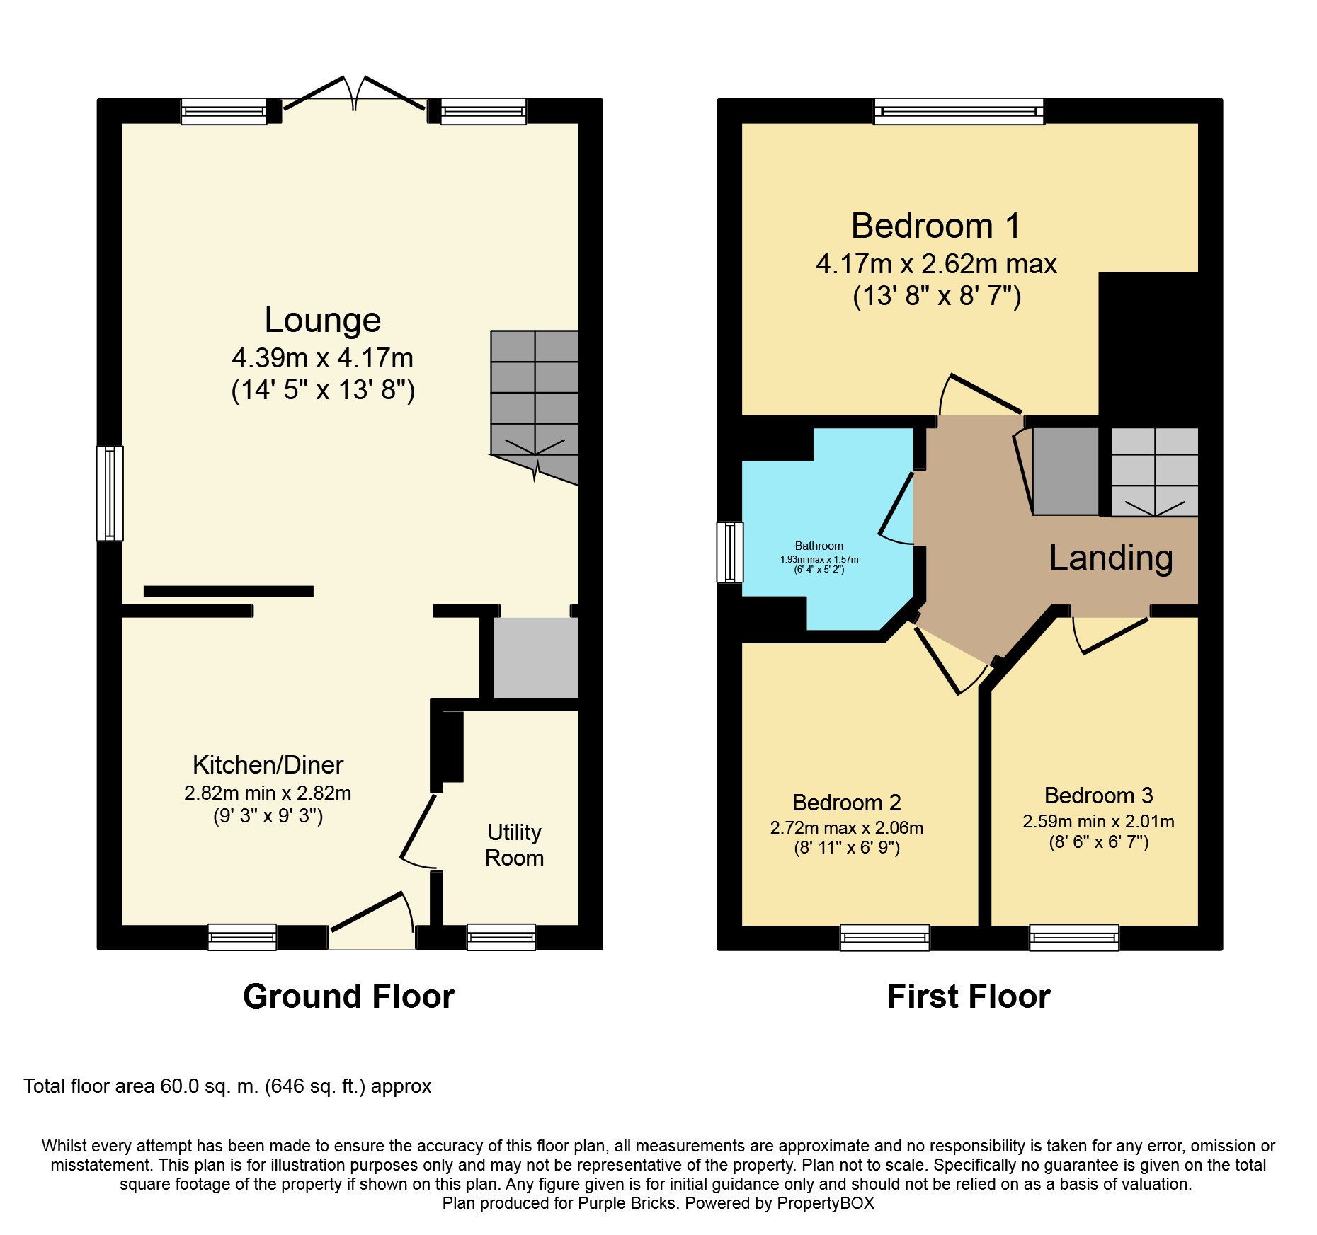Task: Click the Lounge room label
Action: (323, 320)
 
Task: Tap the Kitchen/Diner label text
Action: (268, 765)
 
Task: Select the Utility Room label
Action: (515, 845)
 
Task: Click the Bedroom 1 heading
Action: (936, 226)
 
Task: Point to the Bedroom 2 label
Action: (847, 803)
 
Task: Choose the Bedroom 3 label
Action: (1099, 795)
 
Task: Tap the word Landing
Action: (1111, 558)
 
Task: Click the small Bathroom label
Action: (819, 546)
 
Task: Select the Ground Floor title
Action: (348, 996)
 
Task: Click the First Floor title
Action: (969, 996)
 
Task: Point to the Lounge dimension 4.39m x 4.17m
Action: (323, 358)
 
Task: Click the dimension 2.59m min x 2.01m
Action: (1099, 822)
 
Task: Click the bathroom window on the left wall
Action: (730, 552)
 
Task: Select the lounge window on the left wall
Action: (110, 493)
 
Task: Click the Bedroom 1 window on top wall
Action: (959, 111)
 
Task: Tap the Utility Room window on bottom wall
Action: (501, 937)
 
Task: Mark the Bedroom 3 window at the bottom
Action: (1074, 937)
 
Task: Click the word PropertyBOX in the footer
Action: (826, 1203)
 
